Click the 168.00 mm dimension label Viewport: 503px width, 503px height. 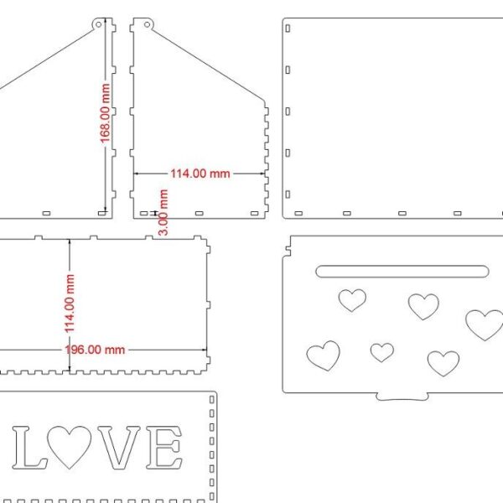pos(105,113)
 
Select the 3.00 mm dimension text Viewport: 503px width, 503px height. pos(163,212)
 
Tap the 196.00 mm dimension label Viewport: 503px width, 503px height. pos(95,350)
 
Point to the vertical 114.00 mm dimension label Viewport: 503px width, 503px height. pos(70,303)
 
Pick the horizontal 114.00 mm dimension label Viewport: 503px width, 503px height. pos(200,174)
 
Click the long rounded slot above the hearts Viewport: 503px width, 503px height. pos(402,272)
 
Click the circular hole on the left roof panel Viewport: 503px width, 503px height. pos(98,24)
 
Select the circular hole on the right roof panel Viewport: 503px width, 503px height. pos(147,24)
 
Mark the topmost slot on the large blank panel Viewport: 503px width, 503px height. pos(288,29)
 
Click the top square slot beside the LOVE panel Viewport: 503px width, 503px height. pos(212,399)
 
